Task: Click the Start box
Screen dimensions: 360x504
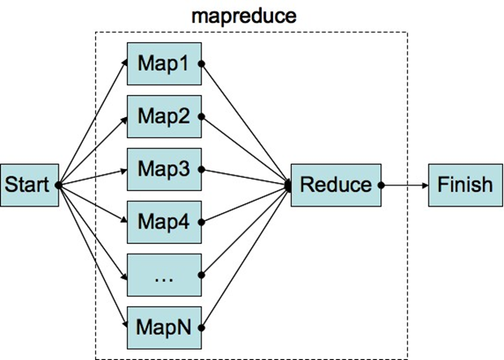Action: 28,185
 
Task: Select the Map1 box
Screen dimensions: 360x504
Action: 163,63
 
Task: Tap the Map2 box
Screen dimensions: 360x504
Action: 163,116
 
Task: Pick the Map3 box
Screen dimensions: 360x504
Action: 163,170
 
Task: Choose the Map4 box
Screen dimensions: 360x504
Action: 163,222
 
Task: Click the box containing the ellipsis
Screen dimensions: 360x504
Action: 163,275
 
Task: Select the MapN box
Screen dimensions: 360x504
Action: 163,328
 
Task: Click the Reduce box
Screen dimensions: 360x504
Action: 336,185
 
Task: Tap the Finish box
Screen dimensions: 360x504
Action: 464,185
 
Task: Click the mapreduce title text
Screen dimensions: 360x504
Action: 232,15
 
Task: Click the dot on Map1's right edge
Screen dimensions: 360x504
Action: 201,63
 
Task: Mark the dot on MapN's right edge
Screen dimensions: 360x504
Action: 201,328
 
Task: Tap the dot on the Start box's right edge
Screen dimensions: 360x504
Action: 59,185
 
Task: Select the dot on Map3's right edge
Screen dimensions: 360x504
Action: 201,170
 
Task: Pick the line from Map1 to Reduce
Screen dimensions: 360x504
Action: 244,122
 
